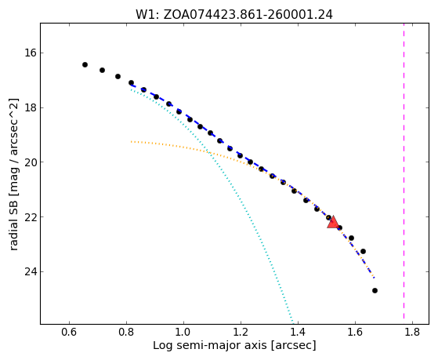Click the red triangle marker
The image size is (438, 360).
point(333,222)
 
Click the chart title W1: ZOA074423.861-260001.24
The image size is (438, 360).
point(234,15)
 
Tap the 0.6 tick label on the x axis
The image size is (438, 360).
point(69,332)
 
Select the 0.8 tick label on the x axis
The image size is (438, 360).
point(126,332)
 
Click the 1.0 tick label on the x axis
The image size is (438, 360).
point(183,332)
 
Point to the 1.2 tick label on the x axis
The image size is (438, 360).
point(241,332)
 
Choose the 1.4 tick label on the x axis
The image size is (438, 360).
point(298,332)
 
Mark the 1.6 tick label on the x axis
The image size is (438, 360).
point(355,332)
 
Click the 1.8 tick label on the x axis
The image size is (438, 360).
point(412,332)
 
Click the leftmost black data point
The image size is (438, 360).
point(85,64)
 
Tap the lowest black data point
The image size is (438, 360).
point(375,291)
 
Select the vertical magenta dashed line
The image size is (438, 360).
point(404,171)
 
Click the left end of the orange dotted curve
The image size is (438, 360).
point(131,141)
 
